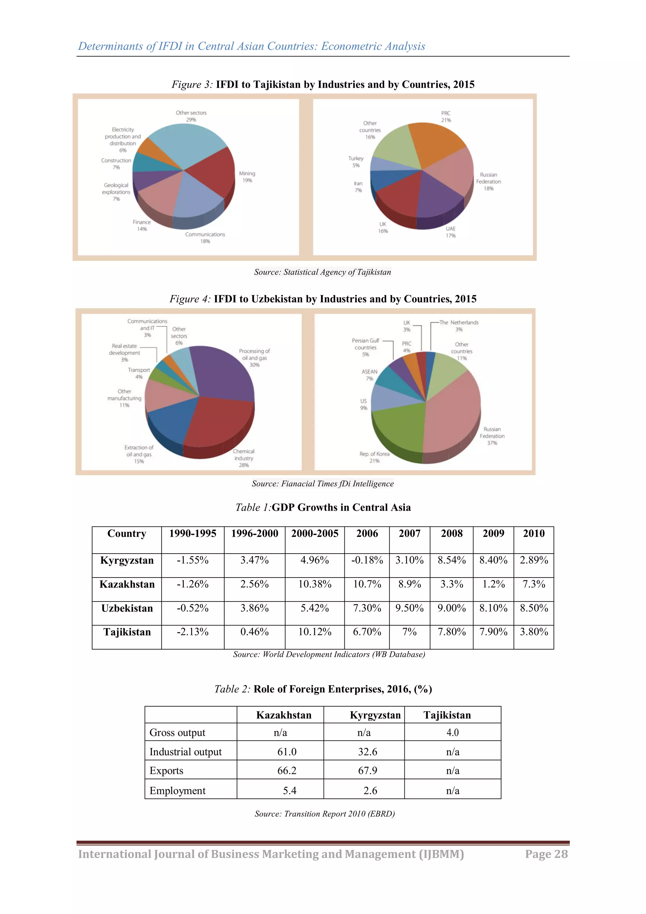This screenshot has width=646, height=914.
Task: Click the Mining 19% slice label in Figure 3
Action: click(x=247, y=177)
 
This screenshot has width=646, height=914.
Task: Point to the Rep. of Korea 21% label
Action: click(x=374, y=457)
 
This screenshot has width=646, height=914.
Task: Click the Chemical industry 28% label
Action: click(x=244, y=458)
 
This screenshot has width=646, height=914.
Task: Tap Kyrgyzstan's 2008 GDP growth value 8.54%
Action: click(x=451, y=560)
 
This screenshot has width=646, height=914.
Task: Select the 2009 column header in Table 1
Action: click(x=493, y=533)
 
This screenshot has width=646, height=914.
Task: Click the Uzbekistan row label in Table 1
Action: click(x=127, y=608)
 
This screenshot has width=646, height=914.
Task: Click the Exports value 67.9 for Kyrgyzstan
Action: click(x=367, y=771)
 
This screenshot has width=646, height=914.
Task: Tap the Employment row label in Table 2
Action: click(x=177, y=791)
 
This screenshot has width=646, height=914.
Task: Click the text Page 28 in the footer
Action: click(x=546, y=854)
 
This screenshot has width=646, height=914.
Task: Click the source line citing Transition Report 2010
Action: click(x=325, y=814)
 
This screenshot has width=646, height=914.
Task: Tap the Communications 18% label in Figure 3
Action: click(x=205, y=238)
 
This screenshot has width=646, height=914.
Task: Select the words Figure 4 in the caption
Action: click(x=190, y=299)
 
